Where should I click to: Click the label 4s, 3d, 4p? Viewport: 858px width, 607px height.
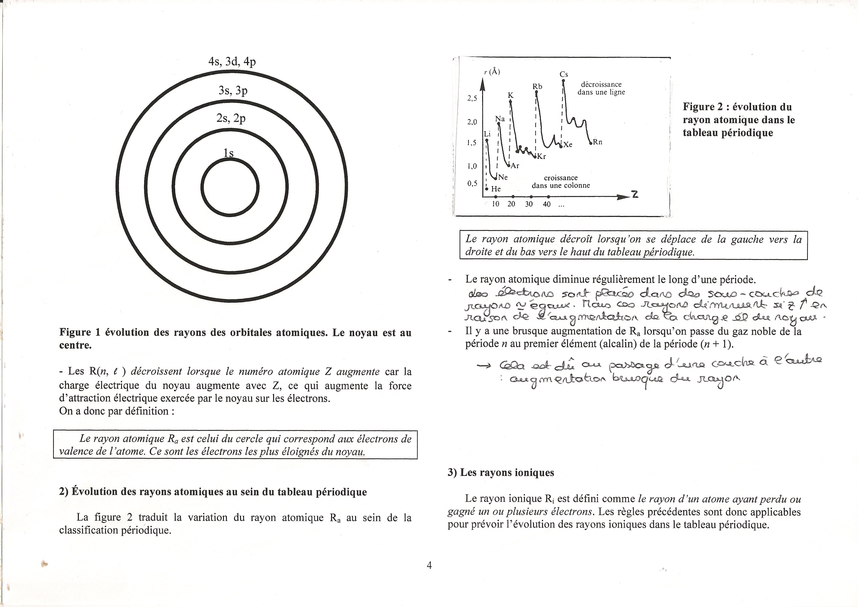click(232, 61)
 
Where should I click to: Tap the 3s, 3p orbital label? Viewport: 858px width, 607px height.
click(233, 90)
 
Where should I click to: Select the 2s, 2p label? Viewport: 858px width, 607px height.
click(231, 118)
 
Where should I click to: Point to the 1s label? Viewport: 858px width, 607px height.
click(228, 153)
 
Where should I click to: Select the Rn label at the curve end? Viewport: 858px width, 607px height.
click(598, 142)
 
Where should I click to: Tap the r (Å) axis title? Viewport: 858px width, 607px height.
click(492, 72)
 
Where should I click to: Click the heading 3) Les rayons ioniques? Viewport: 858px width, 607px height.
click(501, 472)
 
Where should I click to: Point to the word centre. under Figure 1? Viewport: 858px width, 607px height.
click(75, 345)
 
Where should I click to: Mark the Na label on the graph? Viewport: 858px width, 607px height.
click(500, 119)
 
